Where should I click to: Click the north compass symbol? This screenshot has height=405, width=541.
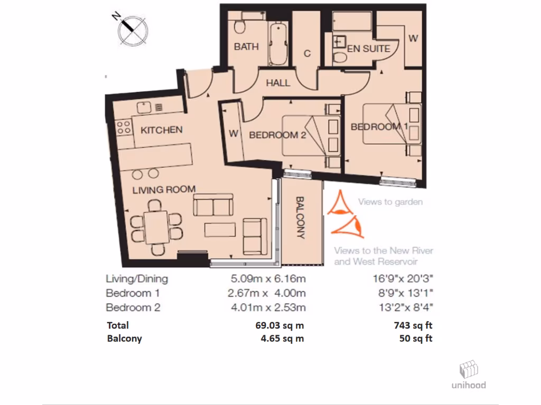(132, 28)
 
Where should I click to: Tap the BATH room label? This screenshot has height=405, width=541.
(246, 46)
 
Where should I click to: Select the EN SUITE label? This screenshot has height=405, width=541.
(369, 49)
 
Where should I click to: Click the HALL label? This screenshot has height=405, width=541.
(278, 83)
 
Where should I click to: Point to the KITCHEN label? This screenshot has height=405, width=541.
(162, 130)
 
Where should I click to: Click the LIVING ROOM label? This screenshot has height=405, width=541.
(164, 189)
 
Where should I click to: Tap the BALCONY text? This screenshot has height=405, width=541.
(301, 218)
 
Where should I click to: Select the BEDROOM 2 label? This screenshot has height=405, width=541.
(277, 135)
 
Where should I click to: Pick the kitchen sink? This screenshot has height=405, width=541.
(144, 108)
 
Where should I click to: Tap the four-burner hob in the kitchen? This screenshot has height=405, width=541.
(124, 127)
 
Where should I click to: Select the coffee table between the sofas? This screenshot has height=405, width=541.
(220, 230)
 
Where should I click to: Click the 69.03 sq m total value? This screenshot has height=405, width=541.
(279, 325)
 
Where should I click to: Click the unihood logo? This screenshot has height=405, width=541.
(468, 375)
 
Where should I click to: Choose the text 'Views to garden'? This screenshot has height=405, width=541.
(390, 202)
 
